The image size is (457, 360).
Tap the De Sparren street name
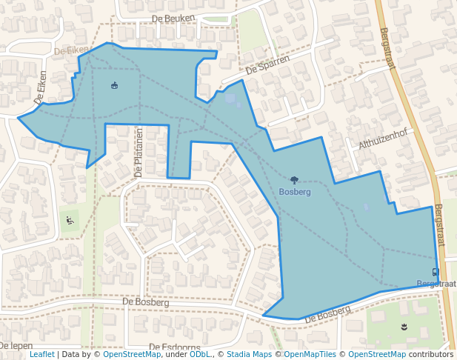coord(267,66)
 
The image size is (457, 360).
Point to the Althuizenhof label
coord(383,138)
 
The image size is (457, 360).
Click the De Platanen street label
coord(138,153)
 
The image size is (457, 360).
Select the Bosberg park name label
coord(295,192)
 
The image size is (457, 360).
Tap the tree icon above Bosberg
coord(295,180)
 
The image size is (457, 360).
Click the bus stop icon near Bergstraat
coord(435,272)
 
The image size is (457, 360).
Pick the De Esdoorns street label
coord(175,347)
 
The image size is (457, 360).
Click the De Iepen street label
coord(16,346)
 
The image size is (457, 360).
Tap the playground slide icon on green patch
coord(70,219)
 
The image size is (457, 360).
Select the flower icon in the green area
coord(404,326)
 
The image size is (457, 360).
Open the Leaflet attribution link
coord(41,355)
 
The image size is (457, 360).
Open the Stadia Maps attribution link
coord(249,355)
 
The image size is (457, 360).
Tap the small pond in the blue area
coord(230,99)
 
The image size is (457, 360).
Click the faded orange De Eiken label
coord(71,51)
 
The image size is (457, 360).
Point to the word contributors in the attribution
coord(431,355)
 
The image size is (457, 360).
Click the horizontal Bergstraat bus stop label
coord(436,284)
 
